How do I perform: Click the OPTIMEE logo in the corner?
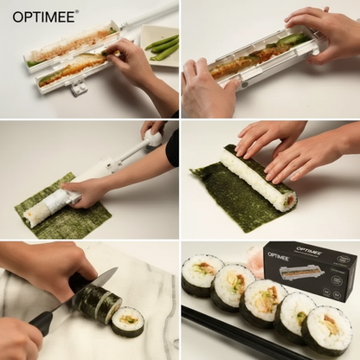(44, 16)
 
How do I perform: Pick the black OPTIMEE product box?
(312, 271)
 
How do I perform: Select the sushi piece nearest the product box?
(331, 327)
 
